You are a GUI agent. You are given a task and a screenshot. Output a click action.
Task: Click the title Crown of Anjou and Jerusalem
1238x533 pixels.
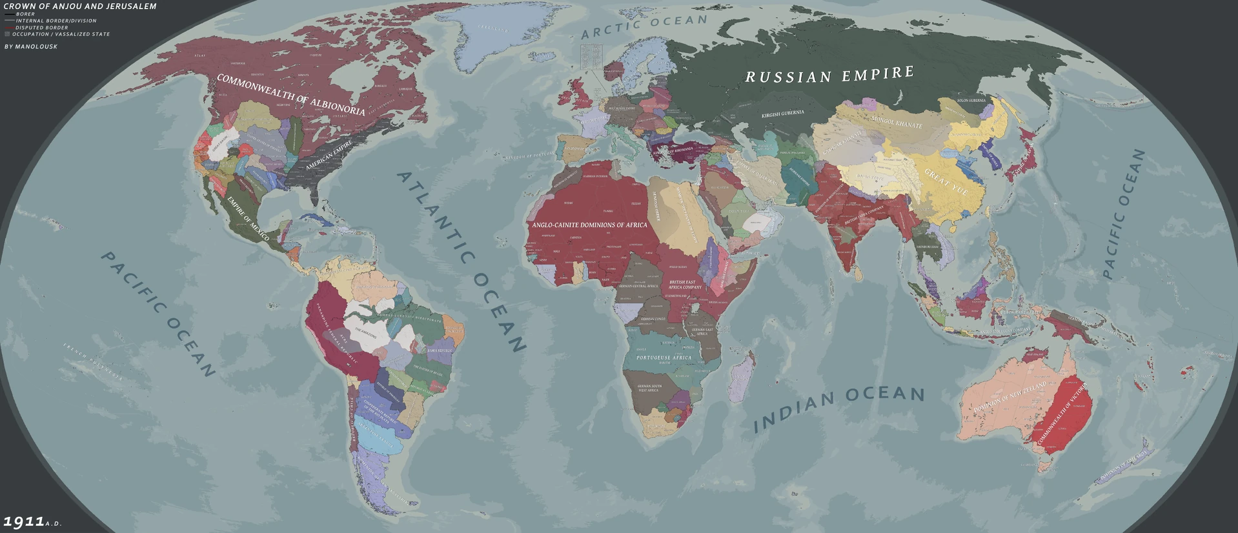point(80,6)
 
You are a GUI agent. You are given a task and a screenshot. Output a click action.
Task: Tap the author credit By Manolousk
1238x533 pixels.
point(31,46)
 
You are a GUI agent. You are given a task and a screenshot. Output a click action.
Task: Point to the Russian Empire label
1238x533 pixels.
point(829,75)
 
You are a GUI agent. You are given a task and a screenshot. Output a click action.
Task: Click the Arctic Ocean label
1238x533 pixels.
point(644,26)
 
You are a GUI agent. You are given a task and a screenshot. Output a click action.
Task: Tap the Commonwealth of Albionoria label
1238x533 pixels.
point(290,94)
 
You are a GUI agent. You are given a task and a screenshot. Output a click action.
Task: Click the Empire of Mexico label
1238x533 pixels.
point(248,218)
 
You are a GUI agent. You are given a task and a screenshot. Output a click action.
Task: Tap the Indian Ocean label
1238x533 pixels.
point(839,408)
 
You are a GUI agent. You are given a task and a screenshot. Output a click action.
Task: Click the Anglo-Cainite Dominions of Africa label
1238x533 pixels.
point(589,225)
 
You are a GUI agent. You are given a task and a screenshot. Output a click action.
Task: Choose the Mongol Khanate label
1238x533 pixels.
point(897,121)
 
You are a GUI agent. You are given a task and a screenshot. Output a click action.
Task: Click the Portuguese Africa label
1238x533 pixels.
point(664,357)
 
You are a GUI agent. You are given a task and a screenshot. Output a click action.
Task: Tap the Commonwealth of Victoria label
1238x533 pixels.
point(1062,416)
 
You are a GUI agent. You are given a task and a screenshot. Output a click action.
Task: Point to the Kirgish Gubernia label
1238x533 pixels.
point(782,114)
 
